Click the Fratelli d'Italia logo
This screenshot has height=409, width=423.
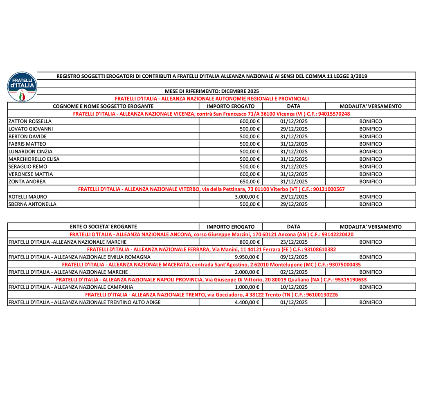[22, 87]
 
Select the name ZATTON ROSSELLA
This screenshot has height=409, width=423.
[30, 121]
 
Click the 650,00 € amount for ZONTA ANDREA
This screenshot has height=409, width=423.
[250, 182]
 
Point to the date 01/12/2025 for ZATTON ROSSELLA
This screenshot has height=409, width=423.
[294, 121]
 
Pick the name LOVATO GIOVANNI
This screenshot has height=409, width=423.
[31, 129]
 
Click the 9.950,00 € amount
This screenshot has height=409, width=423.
[248, 257]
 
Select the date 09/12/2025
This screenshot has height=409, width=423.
[294, 257]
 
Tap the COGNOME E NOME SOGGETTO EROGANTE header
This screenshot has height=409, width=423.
[103, 106]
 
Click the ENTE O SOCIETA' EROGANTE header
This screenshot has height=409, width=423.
[103, 227]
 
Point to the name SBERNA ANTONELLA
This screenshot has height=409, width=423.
[33, 204]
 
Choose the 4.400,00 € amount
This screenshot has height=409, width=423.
[248, 302]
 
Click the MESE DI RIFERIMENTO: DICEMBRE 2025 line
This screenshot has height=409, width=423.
[212, 91]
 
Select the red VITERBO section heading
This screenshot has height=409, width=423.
[211, 189]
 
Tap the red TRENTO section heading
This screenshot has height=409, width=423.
[211, 294]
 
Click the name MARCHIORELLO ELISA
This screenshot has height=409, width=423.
[34, 159]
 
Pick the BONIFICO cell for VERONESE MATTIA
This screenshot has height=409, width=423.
[371, 174]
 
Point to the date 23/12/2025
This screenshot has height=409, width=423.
[294, 242]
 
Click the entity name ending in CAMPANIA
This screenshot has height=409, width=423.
[71, 287]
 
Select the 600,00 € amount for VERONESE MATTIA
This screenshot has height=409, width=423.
[250, 174]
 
